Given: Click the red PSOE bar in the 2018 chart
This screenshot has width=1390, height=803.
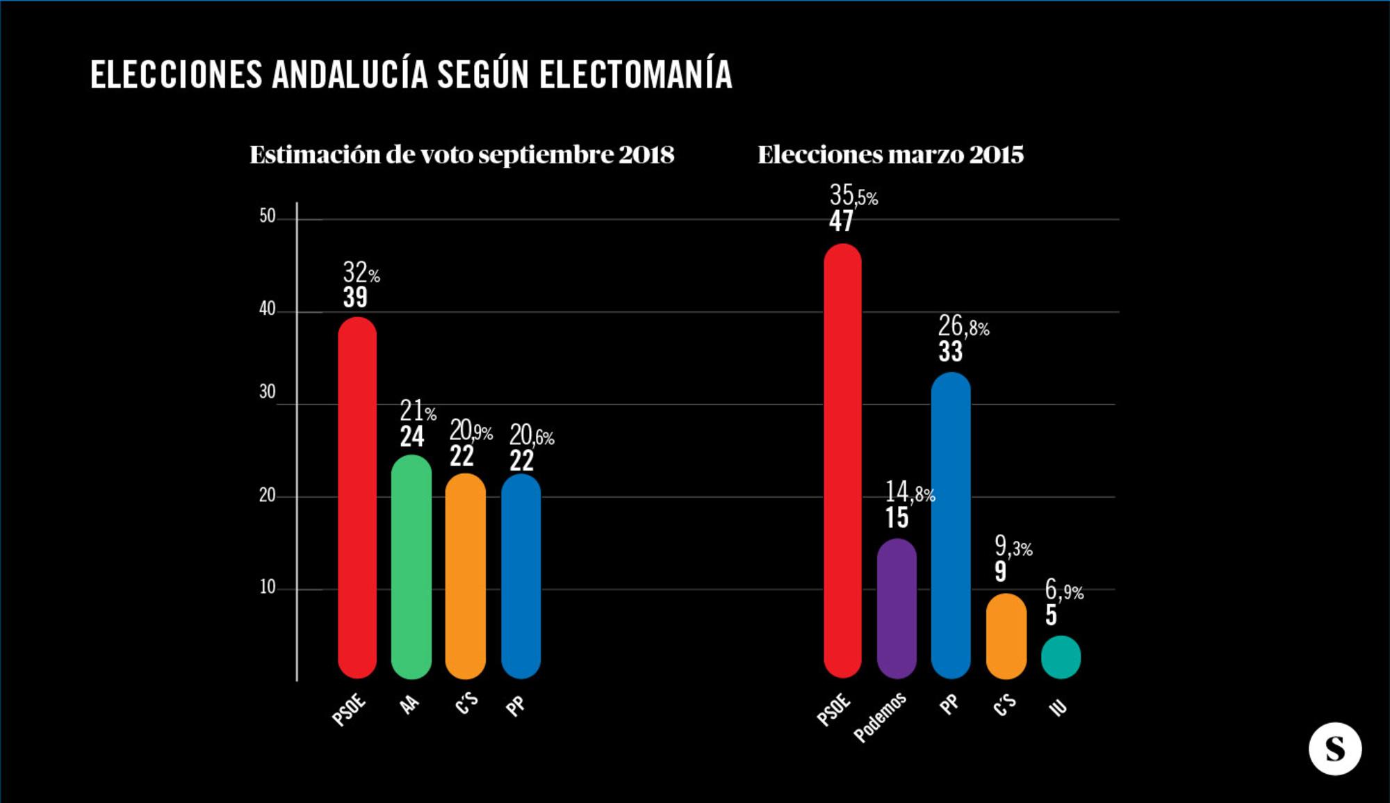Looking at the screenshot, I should click(x=357, y=497).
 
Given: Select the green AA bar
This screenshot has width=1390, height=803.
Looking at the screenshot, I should click(x=411, y=567).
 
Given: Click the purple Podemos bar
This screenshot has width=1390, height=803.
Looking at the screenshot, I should click(x=897, y=608).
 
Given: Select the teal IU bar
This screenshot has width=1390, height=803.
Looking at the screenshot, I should click(x=1061, y=657).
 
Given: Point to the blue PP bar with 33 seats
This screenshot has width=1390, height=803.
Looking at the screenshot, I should click(x=951, y=525).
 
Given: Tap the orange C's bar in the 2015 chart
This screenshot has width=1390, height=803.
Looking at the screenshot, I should click(x=1006, y=636).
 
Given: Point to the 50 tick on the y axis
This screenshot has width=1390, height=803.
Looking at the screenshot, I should click(x=268, y=216).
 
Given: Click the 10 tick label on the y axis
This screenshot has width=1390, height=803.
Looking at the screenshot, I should click(x=268, y=587).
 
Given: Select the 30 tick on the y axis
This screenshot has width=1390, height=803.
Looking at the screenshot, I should click(x=268, y=392).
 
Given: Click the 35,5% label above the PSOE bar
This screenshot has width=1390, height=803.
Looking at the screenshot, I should click(x=853, y=195).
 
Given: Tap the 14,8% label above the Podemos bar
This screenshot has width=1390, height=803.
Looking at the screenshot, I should click(x=909, y=493).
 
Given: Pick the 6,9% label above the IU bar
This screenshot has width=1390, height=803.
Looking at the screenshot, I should click(x=1063, y=591).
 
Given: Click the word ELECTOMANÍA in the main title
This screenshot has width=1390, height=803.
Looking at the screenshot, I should click(x=635, y=75).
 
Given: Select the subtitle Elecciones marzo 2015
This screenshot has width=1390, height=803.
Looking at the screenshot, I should click(x=890, y=154).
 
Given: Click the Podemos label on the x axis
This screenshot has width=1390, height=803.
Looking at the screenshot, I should click(x=880, y=717).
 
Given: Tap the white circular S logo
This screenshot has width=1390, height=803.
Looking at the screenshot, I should click(x=1334, y=749).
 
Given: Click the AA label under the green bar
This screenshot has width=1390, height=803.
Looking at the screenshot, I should click(x=410, y=705).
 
